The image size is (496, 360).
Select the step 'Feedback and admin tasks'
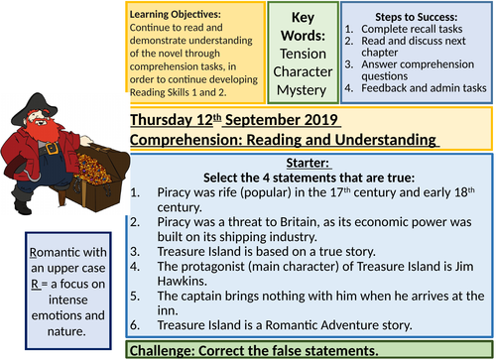[x=422, y=87]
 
